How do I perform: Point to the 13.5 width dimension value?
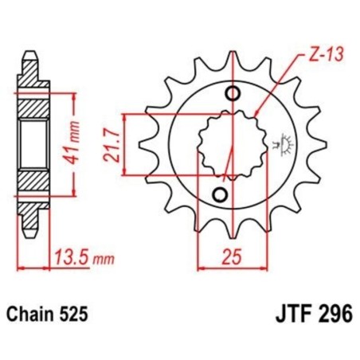(69, 257)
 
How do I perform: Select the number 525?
(84, 315)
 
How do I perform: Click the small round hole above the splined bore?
(233, 96)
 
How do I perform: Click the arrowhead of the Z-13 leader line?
(254, 112)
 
